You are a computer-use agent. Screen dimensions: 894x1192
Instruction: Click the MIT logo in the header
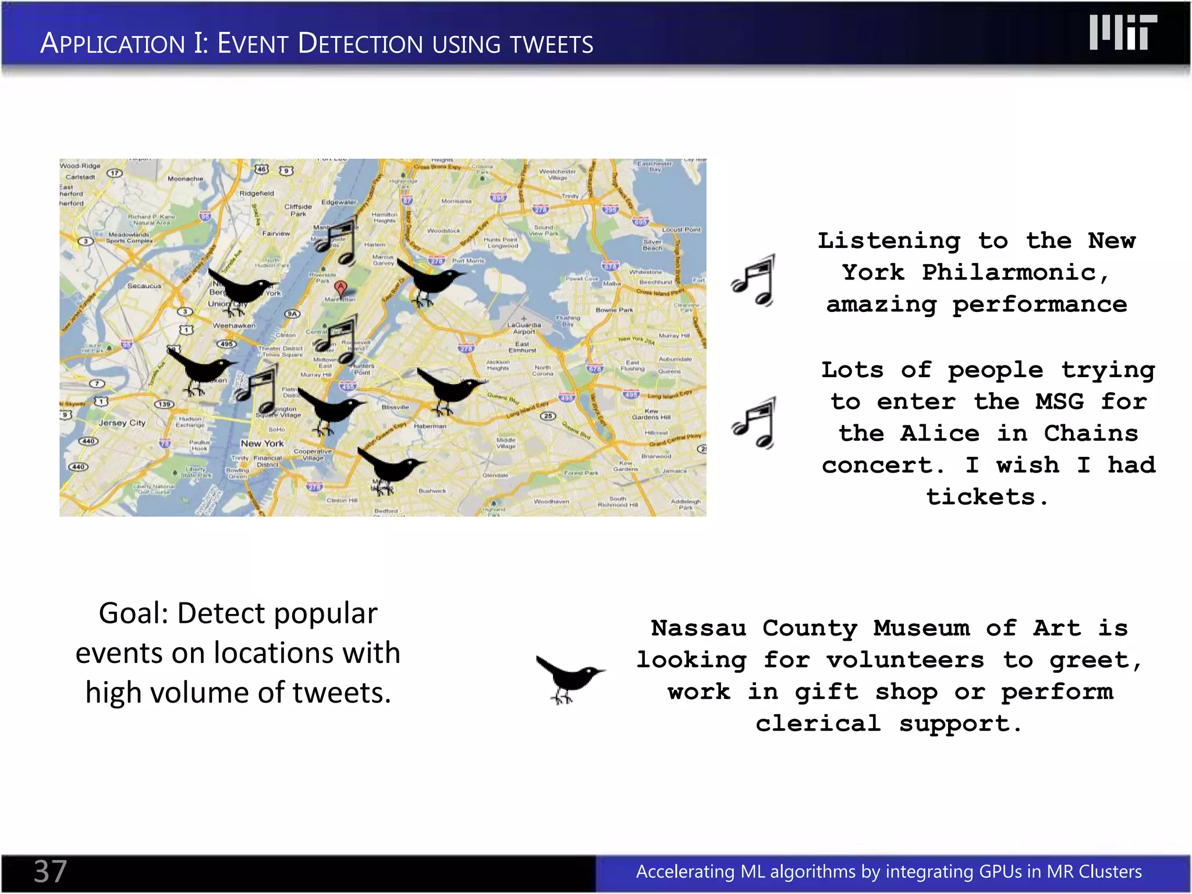pos(1123,33)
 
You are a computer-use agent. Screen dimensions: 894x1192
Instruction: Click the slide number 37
pos(51,871)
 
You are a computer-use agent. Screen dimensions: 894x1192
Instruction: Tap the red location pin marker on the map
pos(340,288)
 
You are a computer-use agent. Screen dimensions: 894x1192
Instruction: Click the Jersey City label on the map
pos(122,423)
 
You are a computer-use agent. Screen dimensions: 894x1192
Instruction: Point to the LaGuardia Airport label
pos(524,328)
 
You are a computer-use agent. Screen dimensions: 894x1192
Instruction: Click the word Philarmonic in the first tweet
pos(1009,272)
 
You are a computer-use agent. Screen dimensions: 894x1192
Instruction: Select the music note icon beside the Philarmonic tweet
pos(755,281)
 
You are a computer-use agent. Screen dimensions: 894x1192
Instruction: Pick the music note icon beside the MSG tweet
pos(755,423)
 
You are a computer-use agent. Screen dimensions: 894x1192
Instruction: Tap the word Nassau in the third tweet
pos(698,628)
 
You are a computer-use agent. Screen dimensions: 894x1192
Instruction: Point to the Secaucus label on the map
pos(144,286)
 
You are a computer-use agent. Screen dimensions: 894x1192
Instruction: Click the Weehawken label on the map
pos(233,325)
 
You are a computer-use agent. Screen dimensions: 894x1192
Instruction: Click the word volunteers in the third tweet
pos(905,660)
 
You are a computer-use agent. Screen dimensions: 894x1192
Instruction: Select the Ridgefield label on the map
pos(256,193)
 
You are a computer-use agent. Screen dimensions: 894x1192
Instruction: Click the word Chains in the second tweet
pos(1090,434)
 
